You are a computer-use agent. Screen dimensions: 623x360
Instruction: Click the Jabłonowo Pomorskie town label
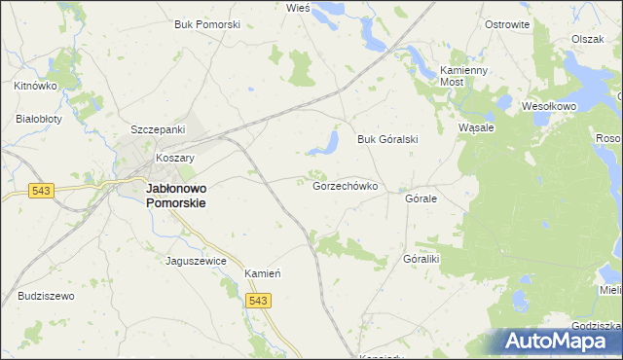(x=175, y=196)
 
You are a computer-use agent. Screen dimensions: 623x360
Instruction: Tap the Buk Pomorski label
(x=206, y=24)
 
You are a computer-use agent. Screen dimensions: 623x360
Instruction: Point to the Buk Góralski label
(x=386, y=139)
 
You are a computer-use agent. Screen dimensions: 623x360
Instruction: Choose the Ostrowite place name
(x=506, y=24)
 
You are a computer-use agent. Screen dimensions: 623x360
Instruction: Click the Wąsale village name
(x=477, y=127)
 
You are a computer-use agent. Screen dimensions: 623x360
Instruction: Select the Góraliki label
(x=421, y=260)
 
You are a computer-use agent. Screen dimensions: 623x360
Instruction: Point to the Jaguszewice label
(x=197, y=261)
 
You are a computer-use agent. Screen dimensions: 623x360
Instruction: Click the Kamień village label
(x=263, y=273)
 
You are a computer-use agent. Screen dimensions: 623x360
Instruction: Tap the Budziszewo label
(x=46, y=296)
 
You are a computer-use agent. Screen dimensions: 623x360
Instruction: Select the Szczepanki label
(x=159, y=129)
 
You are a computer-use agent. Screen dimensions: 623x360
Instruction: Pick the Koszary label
(x=176, y=158)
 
